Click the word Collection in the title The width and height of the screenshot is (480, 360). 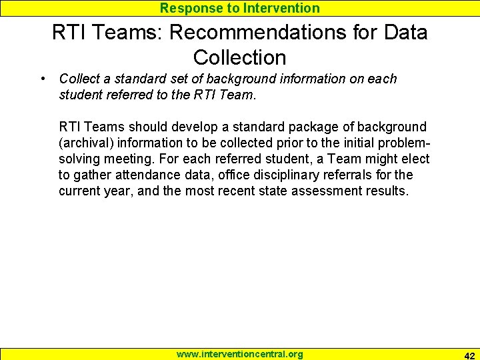(240, 57)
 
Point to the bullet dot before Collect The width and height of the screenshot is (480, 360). (43, 79)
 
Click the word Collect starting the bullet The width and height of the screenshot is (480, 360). (79, 79)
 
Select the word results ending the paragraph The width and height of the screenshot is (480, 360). (389, 191)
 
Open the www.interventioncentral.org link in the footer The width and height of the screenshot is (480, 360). (239, 354)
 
